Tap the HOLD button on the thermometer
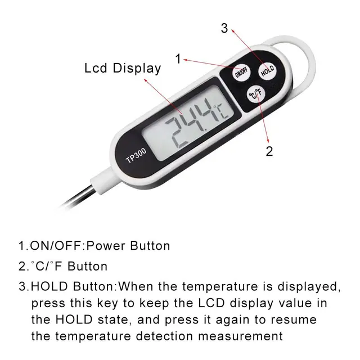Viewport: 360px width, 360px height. [267, 71]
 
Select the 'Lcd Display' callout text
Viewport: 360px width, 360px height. [123, 69]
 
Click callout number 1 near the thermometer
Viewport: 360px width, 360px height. [178, 58]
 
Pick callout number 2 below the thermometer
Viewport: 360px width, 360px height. [269, 151]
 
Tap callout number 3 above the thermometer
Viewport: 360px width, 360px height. [224, 29]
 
